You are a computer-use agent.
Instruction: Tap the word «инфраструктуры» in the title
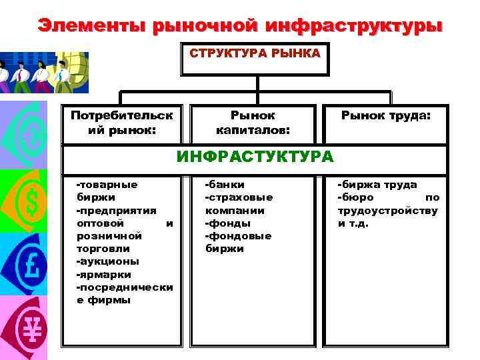pos(353,25)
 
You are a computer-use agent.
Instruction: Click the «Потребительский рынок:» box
pos(122,121)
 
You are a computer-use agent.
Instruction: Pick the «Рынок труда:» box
pos(386,116)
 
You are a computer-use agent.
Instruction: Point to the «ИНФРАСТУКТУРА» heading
pos(255,157)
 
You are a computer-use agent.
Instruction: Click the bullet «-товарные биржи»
pos(107,191)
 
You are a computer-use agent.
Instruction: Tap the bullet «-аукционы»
pos(108,261)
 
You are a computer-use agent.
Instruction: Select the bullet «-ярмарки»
pos(104,274)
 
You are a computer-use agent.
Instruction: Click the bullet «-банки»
pos(225,185)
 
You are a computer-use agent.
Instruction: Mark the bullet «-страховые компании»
pos(238,204)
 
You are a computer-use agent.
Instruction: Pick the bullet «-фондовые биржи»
pos(237,242)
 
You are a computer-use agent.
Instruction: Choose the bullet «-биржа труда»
pos(377,185)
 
